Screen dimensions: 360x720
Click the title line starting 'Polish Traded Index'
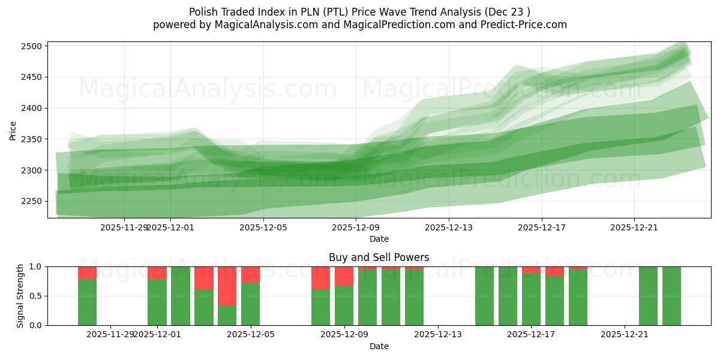[x=359, y=12]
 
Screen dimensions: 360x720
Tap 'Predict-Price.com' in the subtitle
[x=520, y=25]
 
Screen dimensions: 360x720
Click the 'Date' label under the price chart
[x=379, y=239]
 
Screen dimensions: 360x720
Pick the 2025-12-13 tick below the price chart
[x=449, y=227]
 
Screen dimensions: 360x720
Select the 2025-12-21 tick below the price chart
[x=634, y=227]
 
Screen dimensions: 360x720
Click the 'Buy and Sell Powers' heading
[x=379, y=257]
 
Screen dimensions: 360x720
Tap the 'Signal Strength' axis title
[x=20, y=295]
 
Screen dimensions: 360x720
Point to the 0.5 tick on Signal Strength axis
[x=35, y=296]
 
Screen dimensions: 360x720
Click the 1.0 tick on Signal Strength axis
[x=35, y=266]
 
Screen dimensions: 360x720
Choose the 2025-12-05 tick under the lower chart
[x=250, y=335]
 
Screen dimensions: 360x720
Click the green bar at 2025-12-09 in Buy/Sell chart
[x=344, y=305]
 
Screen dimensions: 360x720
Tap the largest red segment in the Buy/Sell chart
[x=227, y=286]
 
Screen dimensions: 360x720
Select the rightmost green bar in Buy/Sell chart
[x=671, y=296]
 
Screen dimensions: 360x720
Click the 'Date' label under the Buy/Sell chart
[x=379, y=346]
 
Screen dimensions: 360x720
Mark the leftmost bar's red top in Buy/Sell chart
[x=87, y=272]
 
